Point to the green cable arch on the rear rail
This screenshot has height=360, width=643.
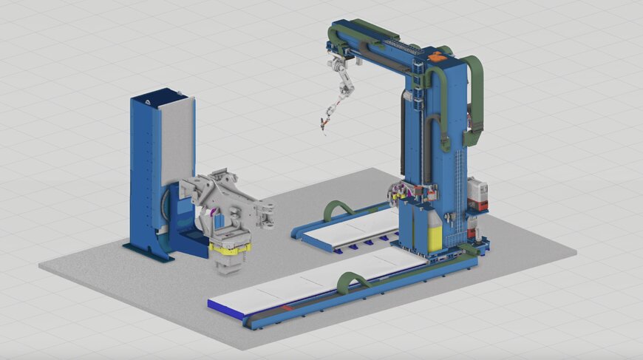pyautogui.click(x=339, y=208)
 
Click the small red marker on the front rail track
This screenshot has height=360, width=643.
pyautogui.click(x=285, y=305)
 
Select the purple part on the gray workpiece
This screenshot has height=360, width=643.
pyautogui.click(x=214, y=216)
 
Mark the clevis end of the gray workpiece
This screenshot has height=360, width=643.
pyautogui.click(x=267, y=214)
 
